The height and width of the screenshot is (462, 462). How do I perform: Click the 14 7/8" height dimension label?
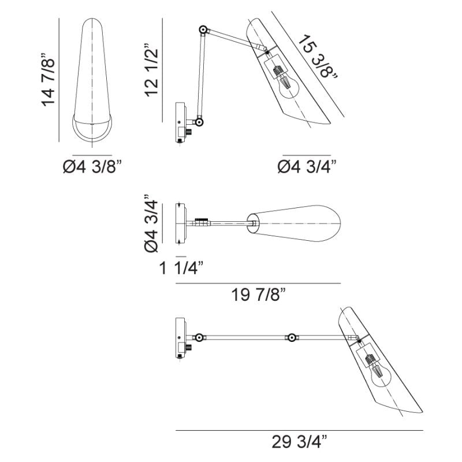click(x=48, y=80)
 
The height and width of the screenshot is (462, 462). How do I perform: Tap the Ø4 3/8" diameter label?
click(x=92, y=166)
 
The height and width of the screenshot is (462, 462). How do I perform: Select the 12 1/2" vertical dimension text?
click(x=151, y=70)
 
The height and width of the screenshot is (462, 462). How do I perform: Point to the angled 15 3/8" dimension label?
click(x=318, y=57)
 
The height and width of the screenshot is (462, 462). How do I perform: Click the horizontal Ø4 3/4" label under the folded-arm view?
click(x=307, y=166)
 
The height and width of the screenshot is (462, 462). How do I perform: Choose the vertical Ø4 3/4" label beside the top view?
click(x=151, y=223)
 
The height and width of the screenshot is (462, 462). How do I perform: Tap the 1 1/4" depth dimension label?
click(x=181, y=268)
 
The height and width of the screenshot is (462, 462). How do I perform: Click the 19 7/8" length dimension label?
click(x=258, y=295)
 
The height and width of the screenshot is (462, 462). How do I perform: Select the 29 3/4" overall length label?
click(x=299, y=441)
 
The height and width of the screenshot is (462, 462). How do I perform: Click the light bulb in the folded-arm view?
click(x=285, y=83)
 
